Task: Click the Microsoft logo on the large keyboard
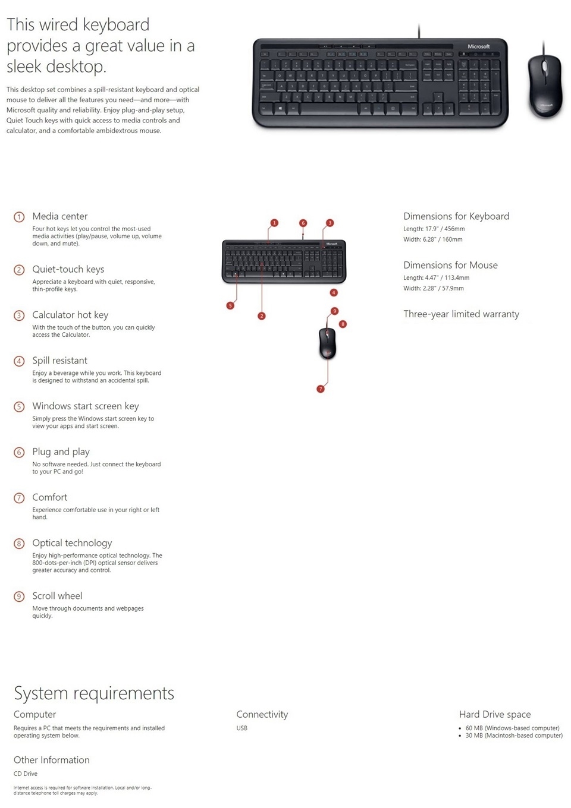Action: [478, 46]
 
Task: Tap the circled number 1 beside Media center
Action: [19, 217]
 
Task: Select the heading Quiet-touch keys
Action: [68, 269]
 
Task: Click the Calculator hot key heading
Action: [70, 315]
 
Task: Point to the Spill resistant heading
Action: [59, 361]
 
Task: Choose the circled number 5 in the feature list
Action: [19, 407]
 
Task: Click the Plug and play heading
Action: [61, 452]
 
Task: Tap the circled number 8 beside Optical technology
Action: [19, 544]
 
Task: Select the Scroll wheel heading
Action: [57, 596]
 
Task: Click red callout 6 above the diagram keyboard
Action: [303, 223]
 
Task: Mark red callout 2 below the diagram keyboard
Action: [262, 316]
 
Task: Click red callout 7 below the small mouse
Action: [321, 389]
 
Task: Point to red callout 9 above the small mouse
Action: [335, 311]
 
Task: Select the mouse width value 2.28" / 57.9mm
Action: [444, 288]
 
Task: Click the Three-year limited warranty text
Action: [461, 314]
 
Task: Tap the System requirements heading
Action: [94, 693]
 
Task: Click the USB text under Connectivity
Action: [241, 728]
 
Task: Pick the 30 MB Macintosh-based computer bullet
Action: [514, 736]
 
